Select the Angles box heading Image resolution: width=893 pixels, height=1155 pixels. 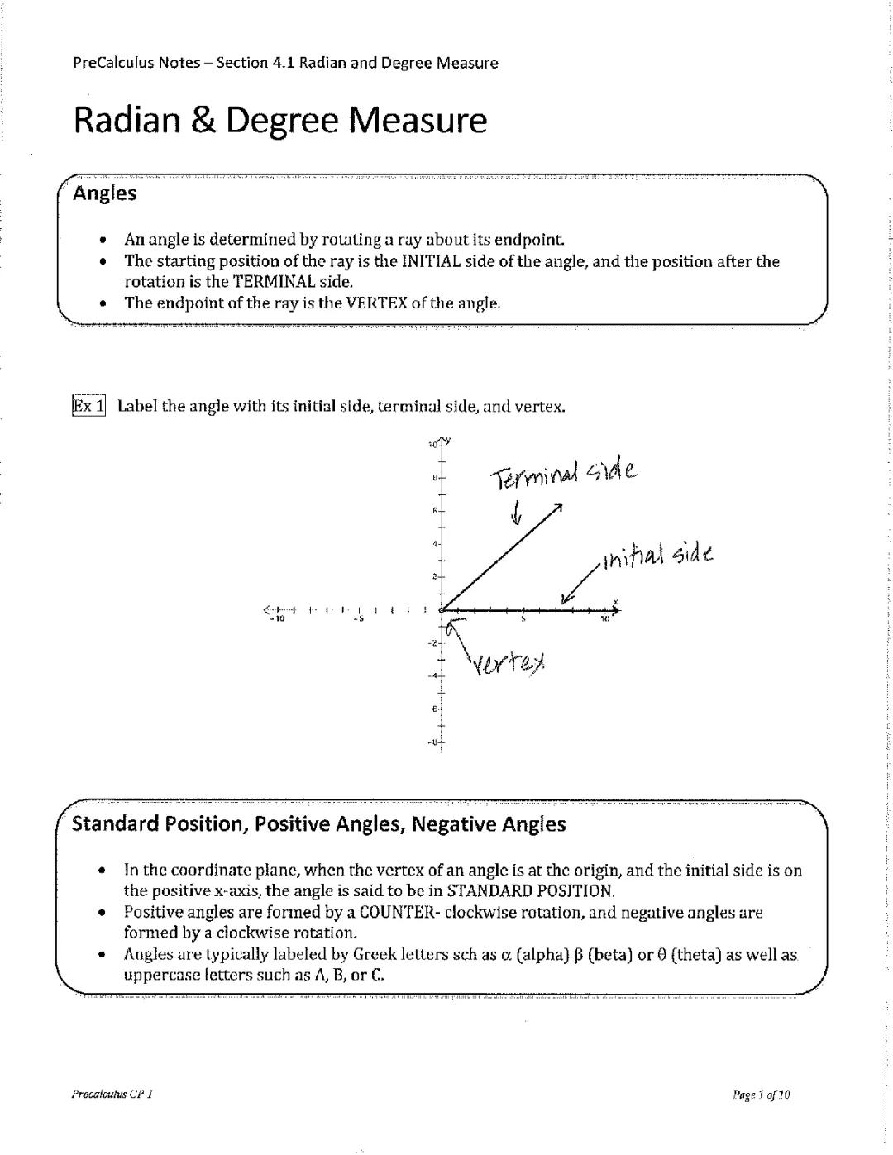coord(104,193)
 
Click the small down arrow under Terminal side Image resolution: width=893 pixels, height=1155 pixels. coord(517,513)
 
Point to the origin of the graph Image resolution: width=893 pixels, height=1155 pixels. coord(442,610)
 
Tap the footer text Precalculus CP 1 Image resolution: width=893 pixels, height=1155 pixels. coord(113,1095)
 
